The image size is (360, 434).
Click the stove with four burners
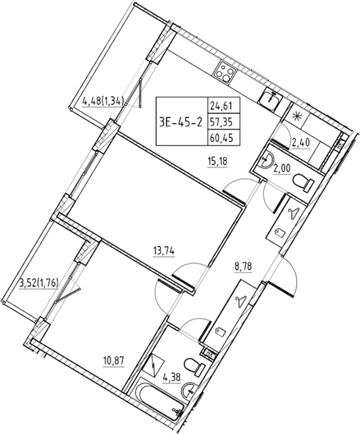[x=225, y=71]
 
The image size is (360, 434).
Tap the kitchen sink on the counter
[x=271, y=98]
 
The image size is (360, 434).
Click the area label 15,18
[x=217, y=161]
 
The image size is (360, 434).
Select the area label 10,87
[x=114, y=361]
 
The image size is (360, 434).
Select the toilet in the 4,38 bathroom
[x=194, y=367]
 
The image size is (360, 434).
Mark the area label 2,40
[x=300, y=143]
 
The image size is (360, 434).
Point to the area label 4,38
[x=172, y=378]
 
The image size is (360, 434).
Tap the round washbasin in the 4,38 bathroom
[x=189, y=391]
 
